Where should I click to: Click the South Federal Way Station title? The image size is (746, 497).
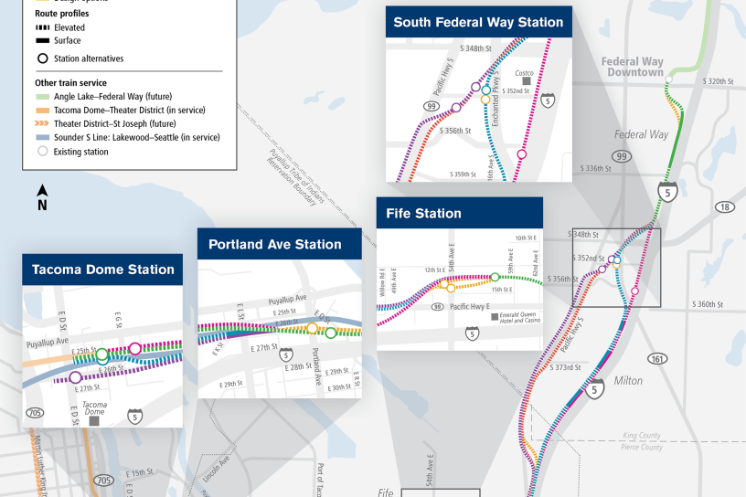coord(478,23)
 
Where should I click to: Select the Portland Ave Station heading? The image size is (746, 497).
coord(274,245)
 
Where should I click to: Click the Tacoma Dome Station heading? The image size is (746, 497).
coord(102,270)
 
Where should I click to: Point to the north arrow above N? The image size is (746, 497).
coord(42,190)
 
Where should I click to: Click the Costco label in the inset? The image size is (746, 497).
coord(524,73)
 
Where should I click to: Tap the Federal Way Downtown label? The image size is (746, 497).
coord(633,67)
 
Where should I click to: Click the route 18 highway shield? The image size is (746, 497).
coord(725,207)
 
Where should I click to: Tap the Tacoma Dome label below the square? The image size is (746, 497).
coord(96,407)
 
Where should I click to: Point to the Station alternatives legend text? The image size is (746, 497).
coord(89,58)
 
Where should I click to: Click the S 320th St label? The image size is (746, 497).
coord(719,81)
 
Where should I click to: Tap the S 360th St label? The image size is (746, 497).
coord(708,303)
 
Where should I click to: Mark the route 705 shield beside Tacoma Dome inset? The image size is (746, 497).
coord(35,413)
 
